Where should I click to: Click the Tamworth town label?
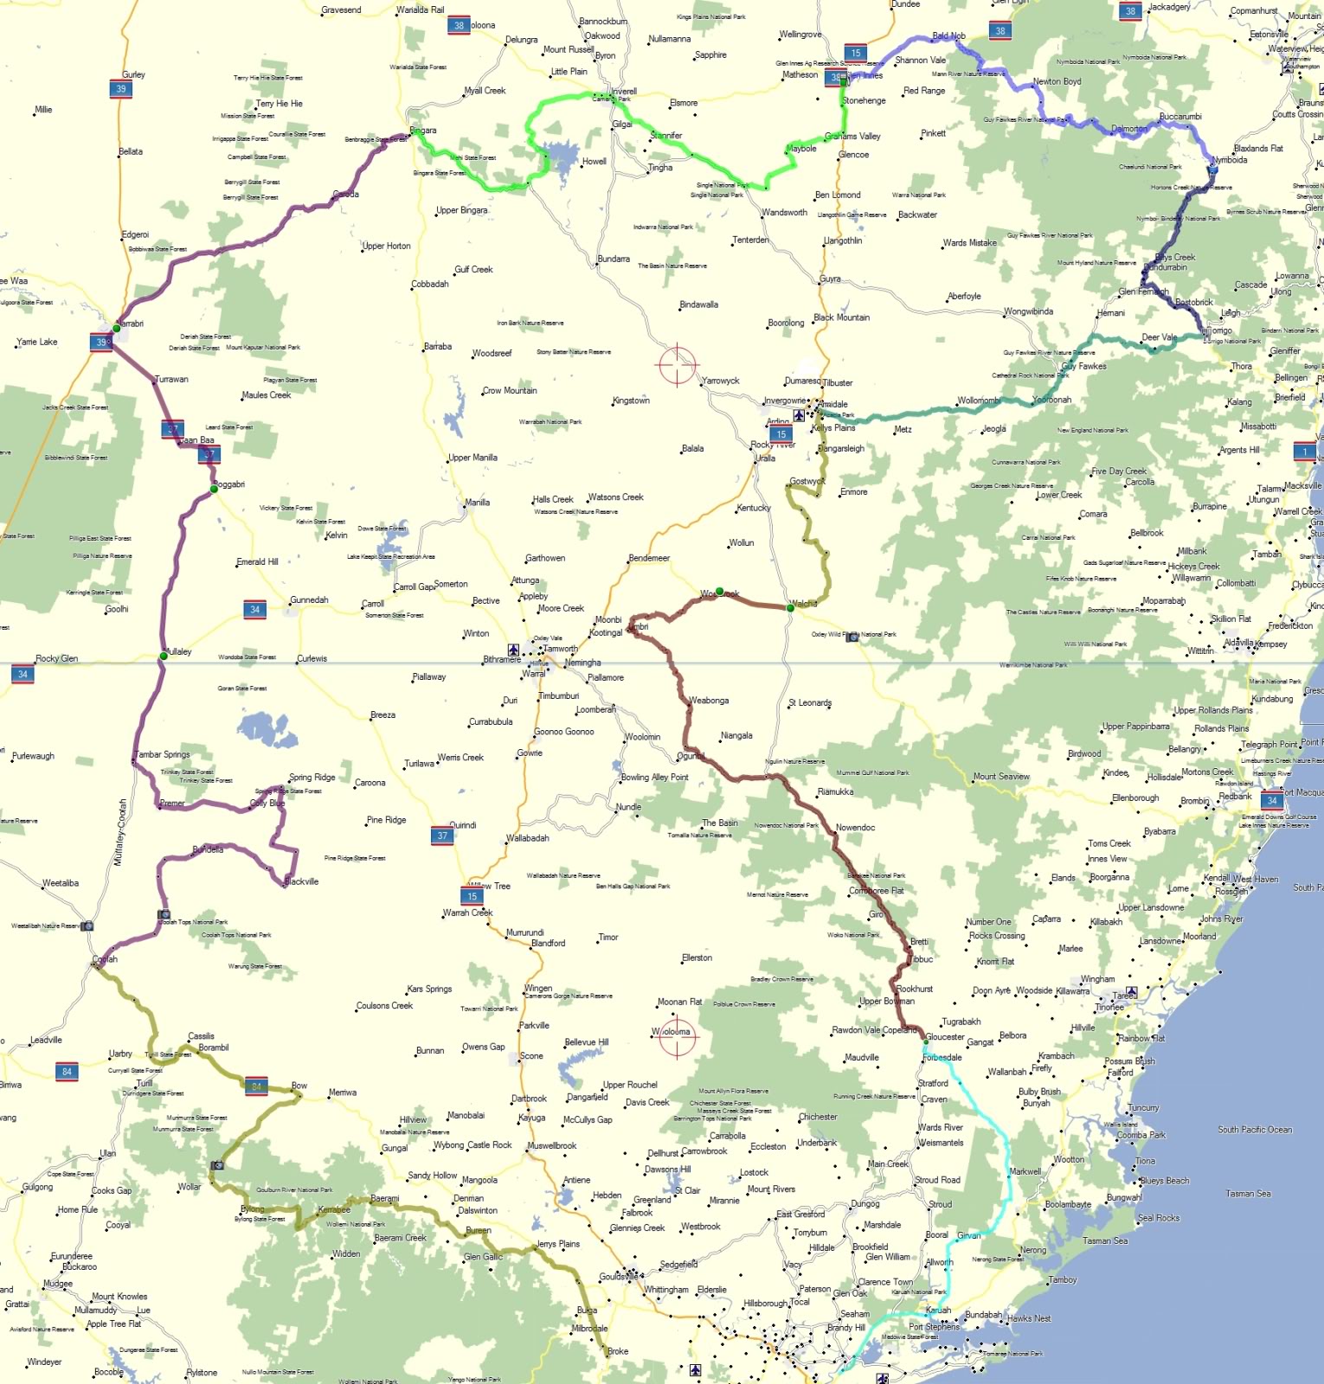pos(561,649)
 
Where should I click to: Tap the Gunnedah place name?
pos(309,599)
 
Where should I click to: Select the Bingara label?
pos(423,131)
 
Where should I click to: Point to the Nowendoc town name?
pos(855,828)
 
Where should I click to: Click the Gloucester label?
pos(945,1037)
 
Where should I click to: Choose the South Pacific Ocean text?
pos(1254,1130)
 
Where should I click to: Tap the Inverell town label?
pos(623,91)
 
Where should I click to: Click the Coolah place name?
pos(105,959)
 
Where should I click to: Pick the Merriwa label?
pos(343,1092)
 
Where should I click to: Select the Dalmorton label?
pos(1128,129)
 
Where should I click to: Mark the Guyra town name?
pos(830,279)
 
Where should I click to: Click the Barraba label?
pos(438,347)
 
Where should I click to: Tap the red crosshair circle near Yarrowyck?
pos(677,364)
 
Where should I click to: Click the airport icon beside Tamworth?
pos(513,650)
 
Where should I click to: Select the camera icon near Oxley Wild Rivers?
pos(852,637)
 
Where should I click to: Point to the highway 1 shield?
pos(1304,451)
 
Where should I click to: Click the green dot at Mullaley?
pos(163,657)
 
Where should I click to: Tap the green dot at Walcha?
pos(790,608)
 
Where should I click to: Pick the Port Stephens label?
pos(934,1326)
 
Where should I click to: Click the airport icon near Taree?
pos(1131,991)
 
